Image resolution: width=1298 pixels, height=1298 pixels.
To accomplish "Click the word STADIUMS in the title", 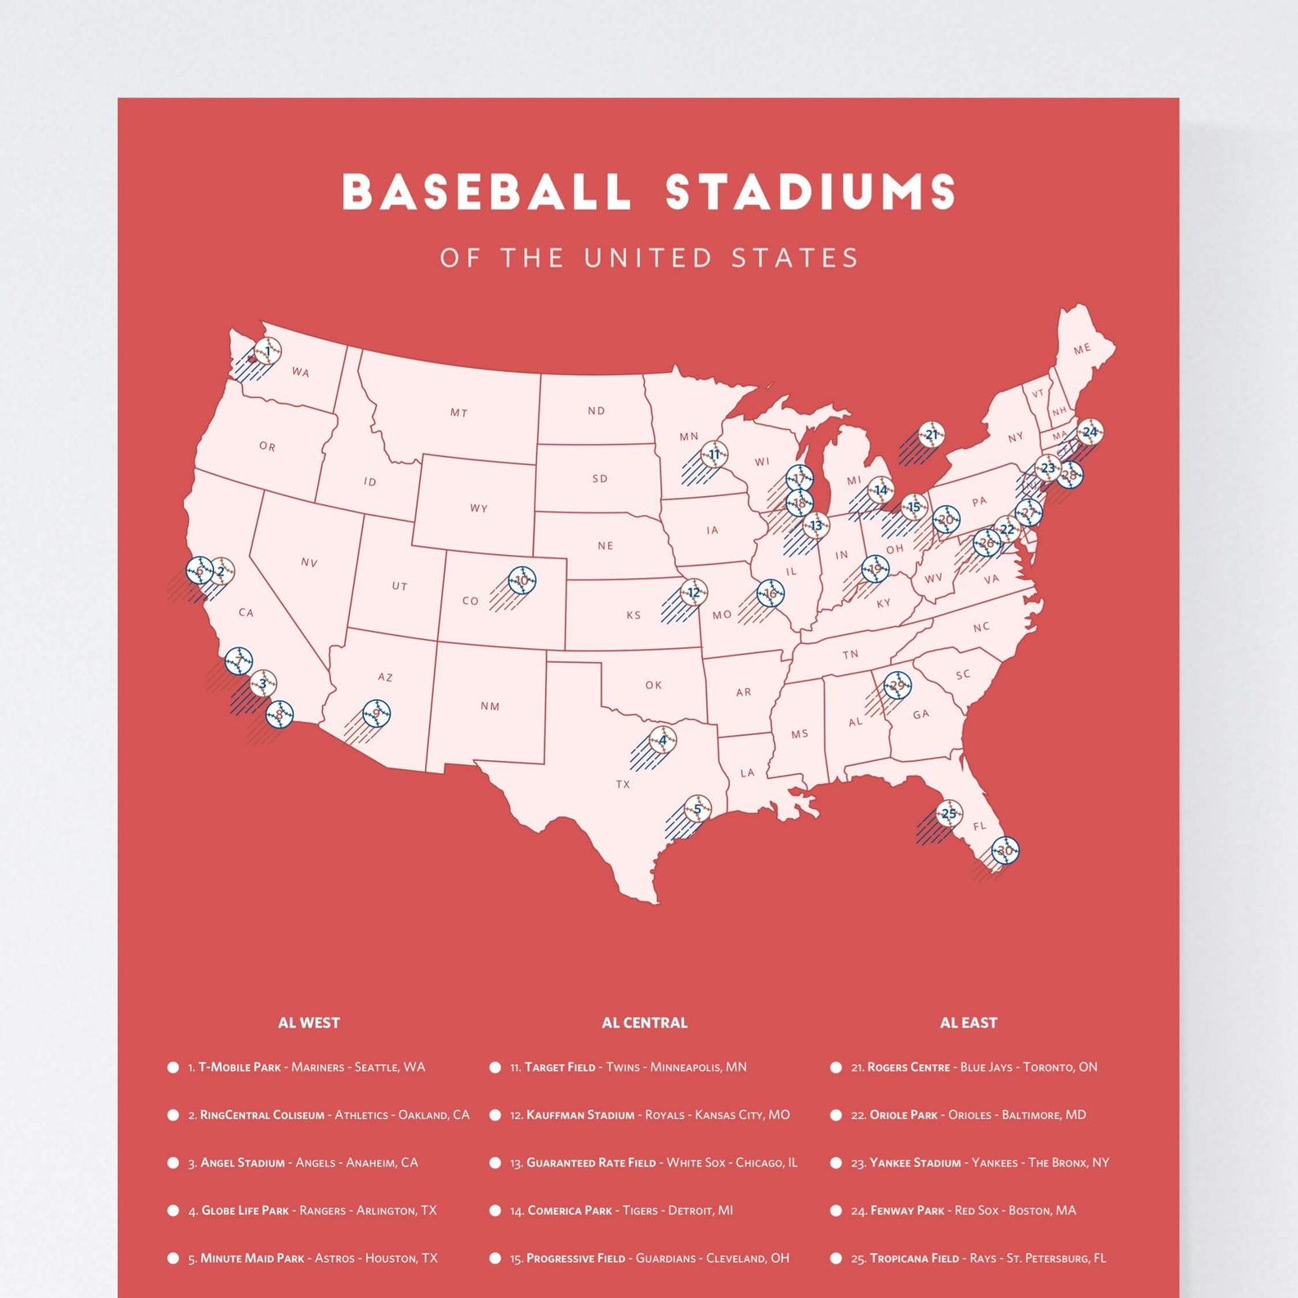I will (x=810, y=192).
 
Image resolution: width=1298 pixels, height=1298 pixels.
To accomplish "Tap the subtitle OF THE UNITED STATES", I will (x=649, y=258).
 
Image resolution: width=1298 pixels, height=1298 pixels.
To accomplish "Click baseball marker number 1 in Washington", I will (x=267, y=351).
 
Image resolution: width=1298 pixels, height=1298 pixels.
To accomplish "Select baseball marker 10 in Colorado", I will (x=522, y=580).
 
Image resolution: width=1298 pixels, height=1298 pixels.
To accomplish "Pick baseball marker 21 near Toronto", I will (x=931, y=435).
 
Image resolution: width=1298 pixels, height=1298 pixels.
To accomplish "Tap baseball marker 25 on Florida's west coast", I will (x=949, y=813).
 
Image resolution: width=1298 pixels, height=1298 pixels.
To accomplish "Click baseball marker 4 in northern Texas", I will (x=663, y=741).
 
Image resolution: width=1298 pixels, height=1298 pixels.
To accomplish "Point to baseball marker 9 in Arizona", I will (x=376, y=714).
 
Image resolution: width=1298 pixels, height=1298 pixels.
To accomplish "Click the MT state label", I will (x=459, y=413).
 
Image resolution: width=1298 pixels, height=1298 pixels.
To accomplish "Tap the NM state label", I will (x=490, y=706).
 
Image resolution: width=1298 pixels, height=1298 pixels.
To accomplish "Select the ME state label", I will (x=1082, y=349).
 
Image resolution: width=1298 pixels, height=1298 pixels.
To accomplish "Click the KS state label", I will (x=633, y=615).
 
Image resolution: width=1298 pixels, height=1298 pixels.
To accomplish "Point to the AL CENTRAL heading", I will (x=644, y=1023).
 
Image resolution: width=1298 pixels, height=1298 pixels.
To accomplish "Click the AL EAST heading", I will (x=968, y=1023).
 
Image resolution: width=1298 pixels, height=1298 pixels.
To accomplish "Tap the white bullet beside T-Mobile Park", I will (x=173, y=1067).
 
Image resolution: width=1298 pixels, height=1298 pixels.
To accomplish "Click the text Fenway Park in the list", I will (x=906, y=1211).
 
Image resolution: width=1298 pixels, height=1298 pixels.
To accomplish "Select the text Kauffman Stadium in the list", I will (x=580, y=1115).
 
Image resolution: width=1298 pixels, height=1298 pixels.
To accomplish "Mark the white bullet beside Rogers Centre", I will (x=835, y=1067).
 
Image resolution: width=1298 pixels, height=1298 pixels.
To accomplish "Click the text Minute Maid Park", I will (x=252, y=1259).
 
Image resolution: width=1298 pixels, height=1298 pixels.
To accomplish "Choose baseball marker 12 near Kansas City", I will (x=694, y=592).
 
